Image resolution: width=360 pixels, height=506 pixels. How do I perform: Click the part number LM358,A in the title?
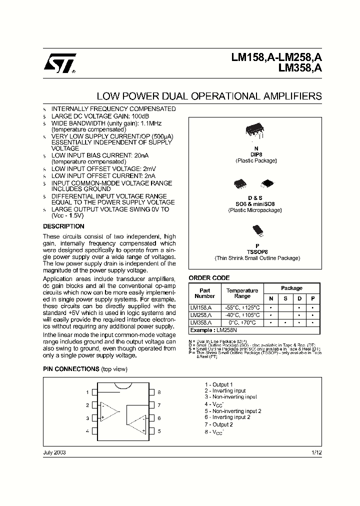tap(300, 69)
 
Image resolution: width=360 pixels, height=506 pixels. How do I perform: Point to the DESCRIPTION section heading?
tap(63, 226)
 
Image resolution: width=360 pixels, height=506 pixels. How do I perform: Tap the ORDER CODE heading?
tap(209, 278)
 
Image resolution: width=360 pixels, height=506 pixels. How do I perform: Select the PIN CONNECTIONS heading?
tap(71, 369)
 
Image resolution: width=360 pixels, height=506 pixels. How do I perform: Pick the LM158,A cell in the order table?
tap(201, 307)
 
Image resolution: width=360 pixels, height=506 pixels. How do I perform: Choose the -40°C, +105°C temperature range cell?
tap(242, 315)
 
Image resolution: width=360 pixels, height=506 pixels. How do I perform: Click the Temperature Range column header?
tap(242, 293)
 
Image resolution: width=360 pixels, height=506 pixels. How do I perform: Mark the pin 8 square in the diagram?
tap(151, 392)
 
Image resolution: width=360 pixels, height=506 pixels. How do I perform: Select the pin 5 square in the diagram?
tap(151, 431)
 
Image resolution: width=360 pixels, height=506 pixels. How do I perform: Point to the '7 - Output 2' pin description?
tap(218, 424)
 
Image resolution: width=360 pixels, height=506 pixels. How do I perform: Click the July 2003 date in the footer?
tap(54, 452)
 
